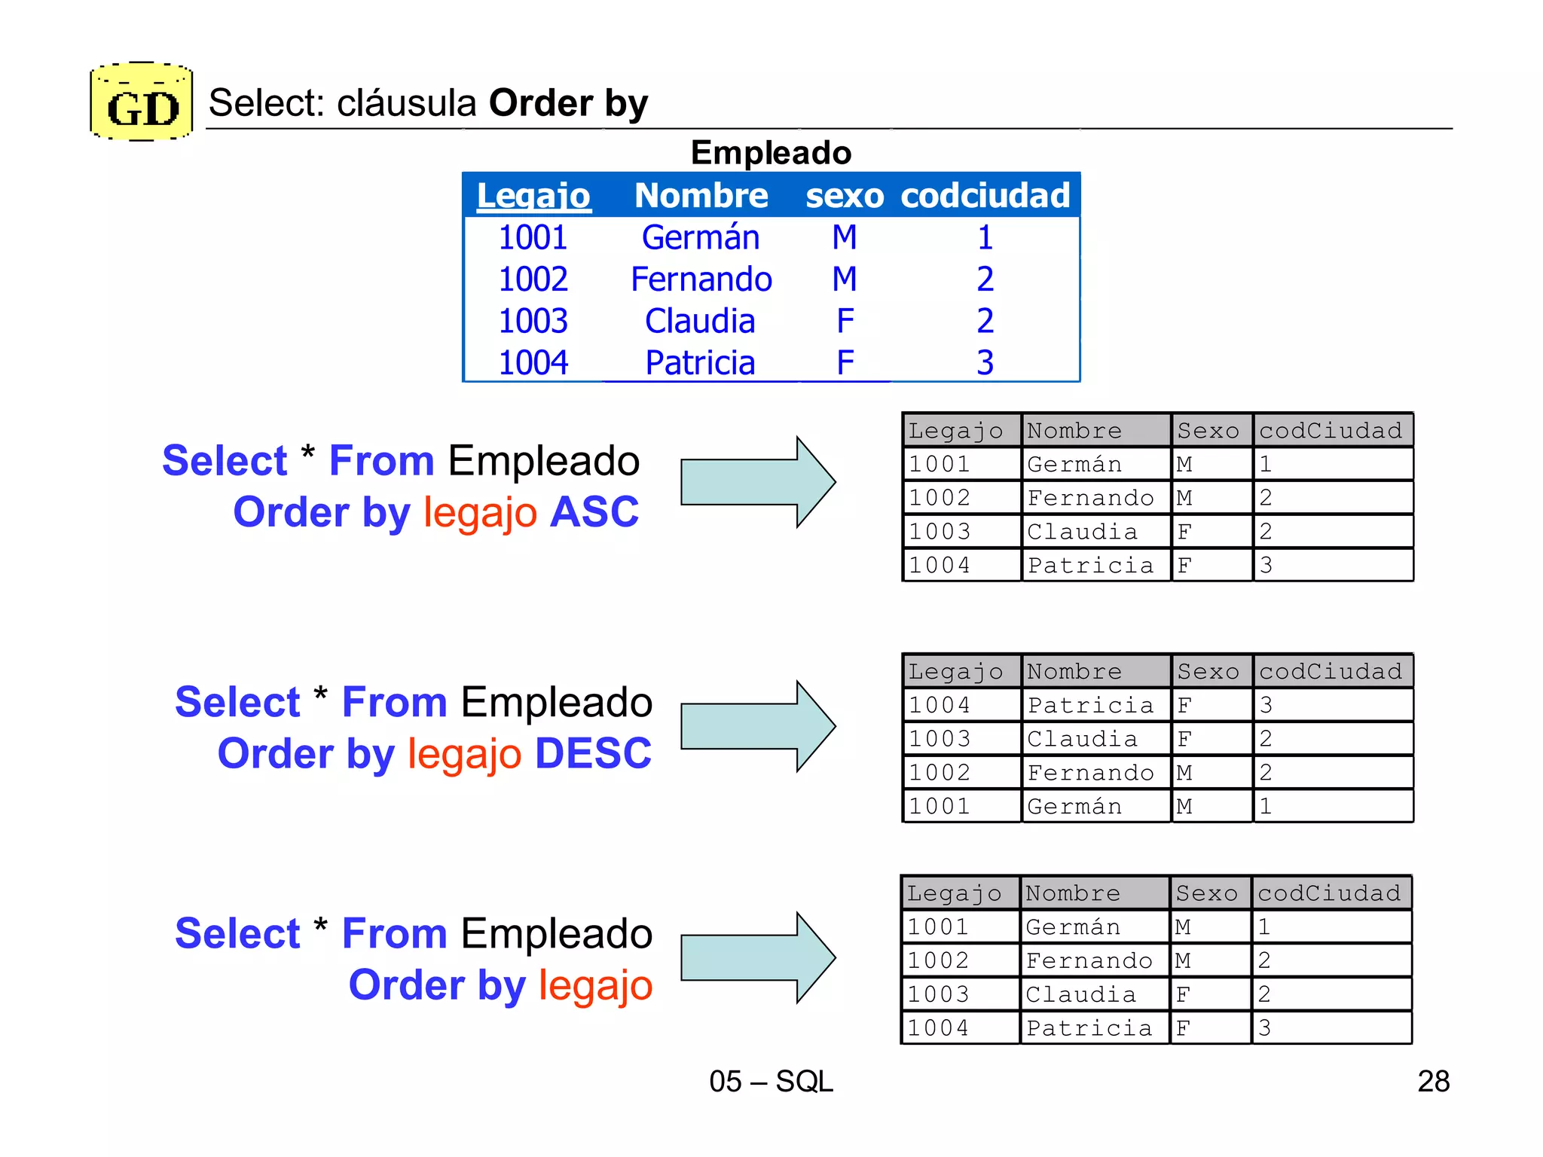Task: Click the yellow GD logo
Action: click(142, 102)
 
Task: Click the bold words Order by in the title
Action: click(568, 103)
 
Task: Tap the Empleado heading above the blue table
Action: click(771, 153)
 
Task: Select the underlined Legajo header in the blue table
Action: click(533, 196)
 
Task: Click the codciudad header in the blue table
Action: click(985, 196)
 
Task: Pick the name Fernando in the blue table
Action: click(701, 279)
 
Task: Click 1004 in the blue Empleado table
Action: click(533, 363)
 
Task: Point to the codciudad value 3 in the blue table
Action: click(985, 363)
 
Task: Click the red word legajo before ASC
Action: click(480, 513)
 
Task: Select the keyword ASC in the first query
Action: click(594, 513)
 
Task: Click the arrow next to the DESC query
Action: click(757, 726)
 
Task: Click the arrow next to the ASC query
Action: click(757, 482)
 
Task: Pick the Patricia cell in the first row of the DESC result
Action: click(1090, 705)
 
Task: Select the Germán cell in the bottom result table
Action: click(1073, 927)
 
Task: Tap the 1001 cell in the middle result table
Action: click(940, 806)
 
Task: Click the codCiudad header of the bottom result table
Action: click(1329, 893)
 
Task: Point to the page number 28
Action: click(1433, 1082)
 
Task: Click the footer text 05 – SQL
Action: click(771, 1082)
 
